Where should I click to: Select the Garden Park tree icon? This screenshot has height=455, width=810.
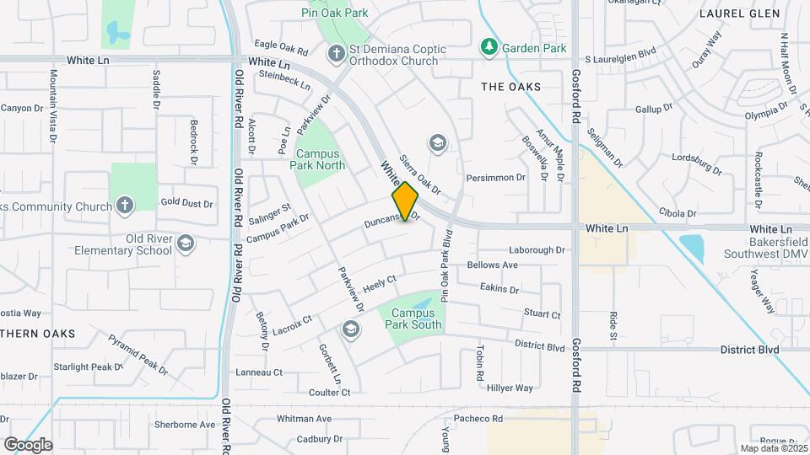(x=489, y=48)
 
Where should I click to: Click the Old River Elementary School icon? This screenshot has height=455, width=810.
(x=186, y=244)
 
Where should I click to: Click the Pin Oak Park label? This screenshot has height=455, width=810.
(x=335, y=13)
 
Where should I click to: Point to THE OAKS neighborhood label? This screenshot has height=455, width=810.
(x=510, y=87)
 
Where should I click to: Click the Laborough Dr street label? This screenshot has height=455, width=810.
(x=537, y=250)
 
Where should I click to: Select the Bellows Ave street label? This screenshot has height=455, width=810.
(x=493, y=265)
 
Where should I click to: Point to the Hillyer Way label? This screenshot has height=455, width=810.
(x=510, y=388)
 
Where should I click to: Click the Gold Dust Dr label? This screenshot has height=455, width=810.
(x=186, y=202)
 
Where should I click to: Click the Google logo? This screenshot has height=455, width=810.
(x=27, y=445)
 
